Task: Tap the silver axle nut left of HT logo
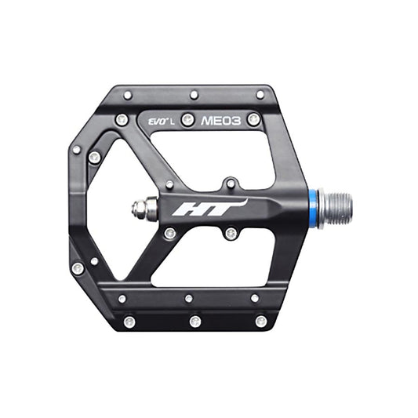[141, 208]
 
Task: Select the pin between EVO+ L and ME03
[187, 120]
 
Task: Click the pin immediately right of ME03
[253, 120]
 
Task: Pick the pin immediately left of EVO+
[122, 120]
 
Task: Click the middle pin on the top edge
[194, 95]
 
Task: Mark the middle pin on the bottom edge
[194, 321]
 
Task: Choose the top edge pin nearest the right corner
[260, 95]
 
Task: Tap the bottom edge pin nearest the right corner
[260, 321]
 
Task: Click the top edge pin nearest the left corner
[128, 95]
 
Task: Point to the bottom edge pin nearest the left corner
[129, 321]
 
